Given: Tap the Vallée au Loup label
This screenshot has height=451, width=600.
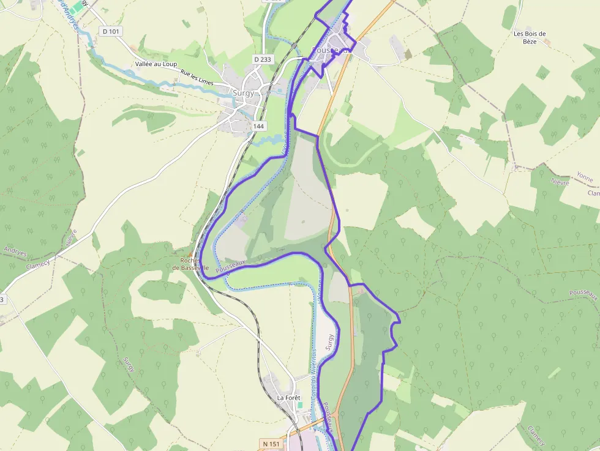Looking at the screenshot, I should pos(156,64).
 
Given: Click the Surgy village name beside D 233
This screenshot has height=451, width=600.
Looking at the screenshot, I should pos(243,93).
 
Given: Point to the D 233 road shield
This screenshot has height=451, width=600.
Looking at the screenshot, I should pos(262,59).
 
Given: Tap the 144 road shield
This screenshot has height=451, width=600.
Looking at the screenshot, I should pos(258,126).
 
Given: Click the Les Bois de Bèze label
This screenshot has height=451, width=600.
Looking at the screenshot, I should pos(530,37).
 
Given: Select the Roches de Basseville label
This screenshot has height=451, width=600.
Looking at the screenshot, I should pos(190,264).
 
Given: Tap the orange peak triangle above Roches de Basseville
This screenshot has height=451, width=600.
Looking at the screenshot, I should pos(190,253).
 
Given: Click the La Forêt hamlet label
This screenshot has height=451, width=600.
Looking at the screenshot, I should pos(289,398).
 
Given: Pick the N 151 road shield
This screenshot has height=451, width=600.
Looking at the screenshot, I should pos(269,443).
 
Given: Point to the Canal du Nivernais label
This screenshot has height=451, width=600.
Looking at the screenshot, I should pos(314,373).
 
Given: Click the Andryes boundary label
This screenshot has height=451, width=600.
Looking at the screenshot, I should pos(15,250).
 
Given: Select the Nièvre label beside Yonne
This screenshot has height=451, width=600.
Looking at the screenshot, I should pos(560,182).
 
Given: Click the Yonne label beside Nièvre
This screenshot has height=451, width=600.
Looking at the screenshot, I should pos(585,177).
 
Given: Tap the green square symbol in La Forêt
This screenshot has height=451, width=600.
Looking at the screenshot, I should pos(299,404).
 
